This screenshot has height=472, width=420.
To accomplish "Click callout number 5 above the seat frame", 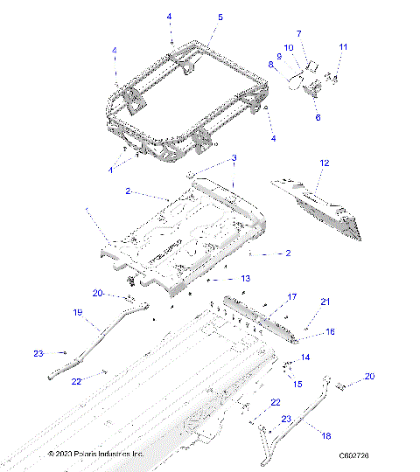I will [220, 17].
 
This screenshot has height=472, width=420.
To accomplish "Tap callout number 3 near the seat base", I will [234, 158].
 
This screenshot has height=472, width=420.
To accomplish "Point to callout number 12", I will [324, 163].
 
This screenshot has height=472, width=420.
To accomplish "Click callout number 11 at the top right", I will [343, 47].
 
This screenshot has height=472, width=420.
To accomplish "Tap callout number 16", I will [330, 332].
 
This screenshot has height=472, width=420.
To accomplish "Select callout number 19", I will [77, 312].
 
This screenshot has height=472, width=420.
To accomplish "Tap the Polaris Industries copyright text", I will [95, 455].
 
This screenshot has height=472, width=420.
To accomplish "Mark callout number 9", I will [279, 56].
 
